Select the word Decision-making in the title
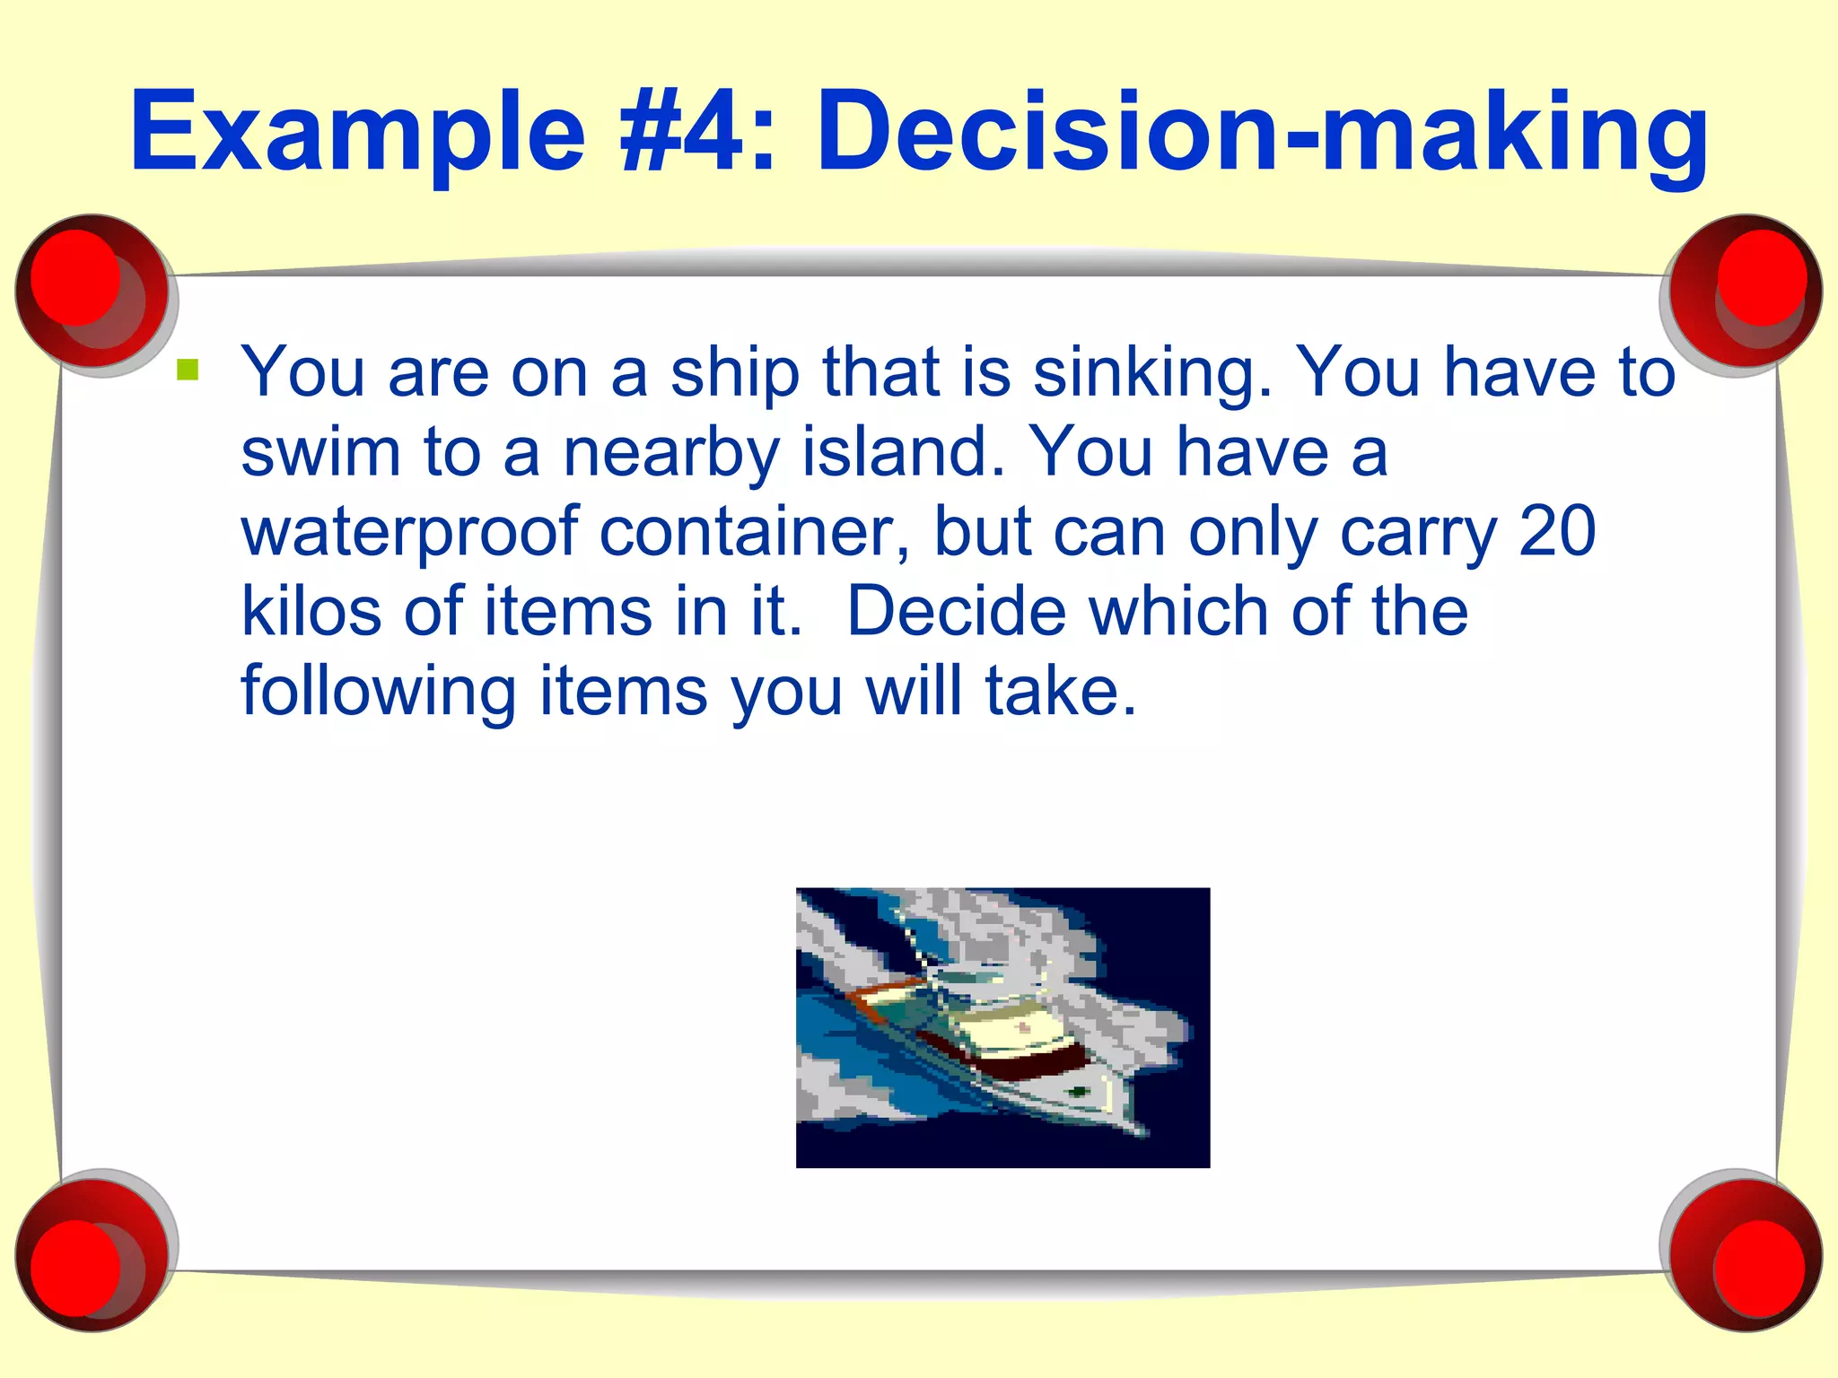1262,133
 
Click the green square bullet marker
188,370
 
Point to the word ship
735,373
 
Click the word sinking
1152,373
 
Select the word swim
320,452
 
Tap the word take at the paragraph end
1060,691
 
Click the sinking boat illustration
1002,1027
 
